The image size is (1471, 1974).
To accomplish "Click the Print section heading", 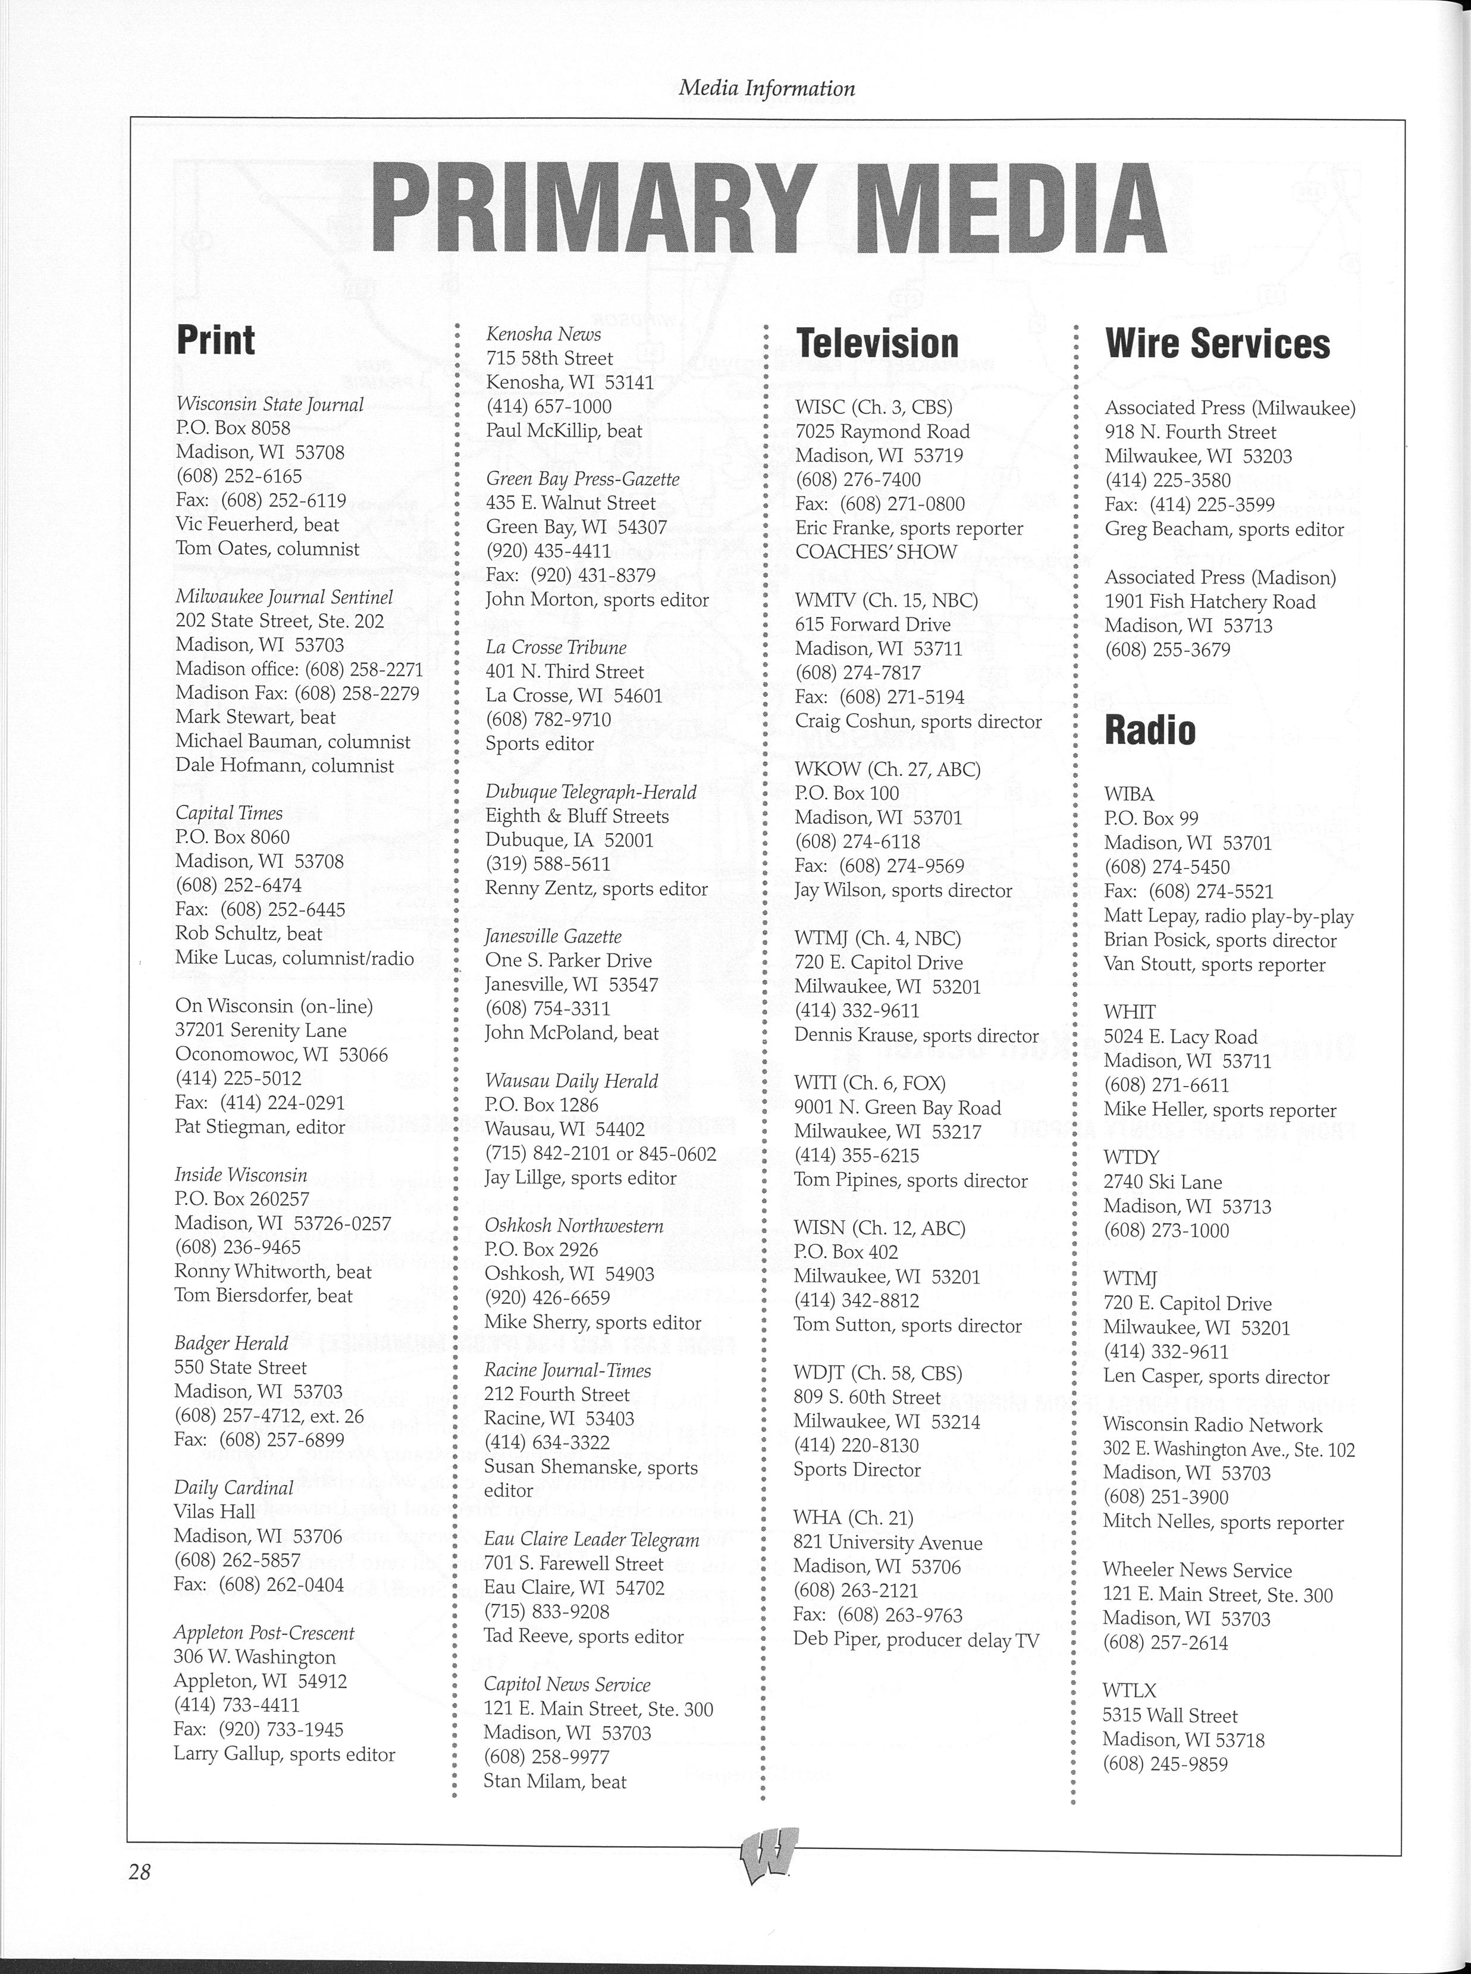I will (x=215, y=341).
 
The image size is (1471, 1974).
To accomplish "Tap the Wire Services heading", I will (x=1217, y=344).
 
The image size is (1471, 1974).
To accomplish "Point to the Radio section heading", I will (x=1150, y=730).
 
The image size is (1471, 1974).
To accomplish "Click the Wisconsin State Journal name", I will (x=269, y=404).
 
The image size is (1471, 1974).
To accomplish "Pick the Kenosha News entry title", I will (x=543, y=334).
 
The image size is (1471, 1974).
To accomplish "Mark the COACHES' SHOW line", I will (x=876, y=552).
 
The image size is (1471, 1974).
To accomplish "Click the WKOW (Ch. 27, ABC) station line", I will (x=887, y=769).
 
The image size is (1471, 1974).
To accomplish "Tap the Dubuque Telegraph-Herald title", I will (x=590, y=792).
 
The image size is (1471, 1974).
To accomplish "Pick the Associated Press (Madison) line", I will (x=1220, y=578).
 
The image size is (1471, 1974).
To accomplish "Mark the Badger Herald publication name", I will (x=231, y=1344).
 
